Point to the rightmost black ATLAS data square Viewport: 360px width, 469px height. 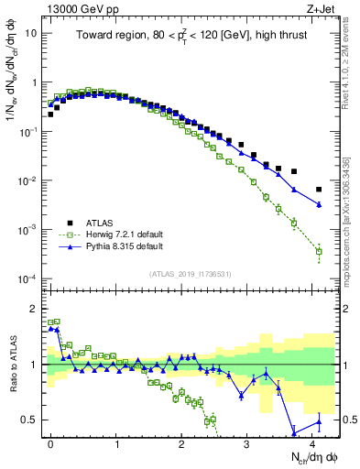click(x=319, y=190)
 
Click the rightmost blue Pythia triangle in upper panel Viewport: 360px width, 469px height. click(x=319, y=204)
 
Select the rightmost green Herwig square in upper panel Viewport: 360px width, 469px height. click(x=319, y=251)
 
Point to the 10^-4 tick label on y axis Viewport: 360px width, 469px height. click(x=28, y=278)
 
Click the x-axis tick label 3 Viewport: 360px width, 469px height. click(x=247, y=442)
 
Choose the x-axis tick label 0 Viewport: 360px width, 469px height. click(x=50, y=442)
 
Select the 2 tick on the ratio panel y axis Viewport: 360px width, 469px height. click(x=33, y=309)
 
